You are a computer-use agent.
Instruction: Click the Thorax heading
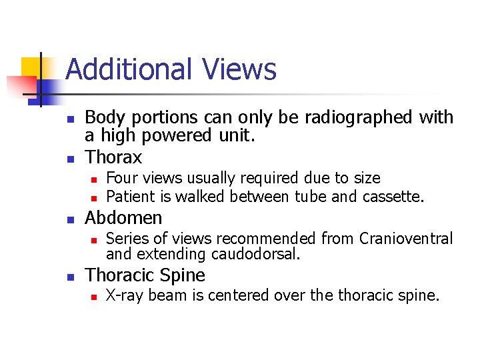[x=113, y=157]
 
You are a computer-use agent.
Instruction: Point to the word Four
[x=121, y=178]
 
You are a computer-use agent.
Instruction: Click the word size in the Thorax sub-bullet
[x=366, y=178]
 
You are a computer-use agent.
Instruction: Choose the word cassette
[x=393, y=196]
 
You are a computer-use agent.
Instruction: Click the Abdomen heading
[x=123, y=218]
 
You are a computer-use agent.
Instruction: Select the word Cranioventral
[x=406, y=238]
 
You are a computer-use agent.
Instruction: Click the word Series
[x=126, y=238]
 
